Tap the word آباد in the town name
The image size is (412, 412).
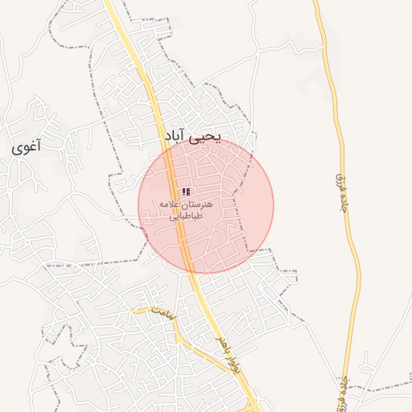point(175,138)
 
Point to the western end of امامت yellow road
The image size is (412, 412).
point(133,309)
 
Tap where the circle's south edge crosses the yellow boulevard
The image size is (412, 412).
point(190,272)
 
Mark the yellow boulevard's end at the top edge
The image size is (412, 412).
point(108,2)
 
